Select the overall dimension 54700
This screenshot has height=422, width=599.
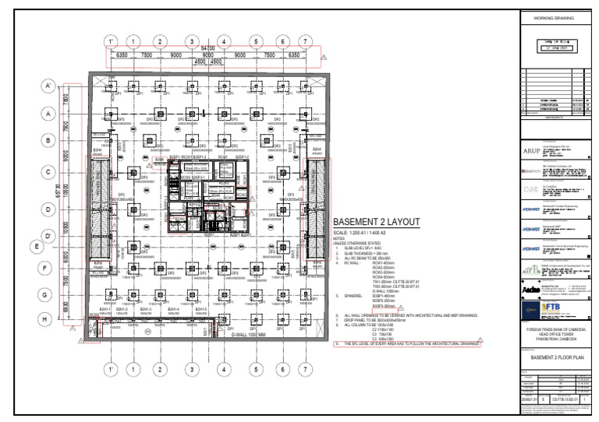(206, 48)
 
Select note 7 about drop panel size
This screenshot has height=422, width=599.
(382, 319)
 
